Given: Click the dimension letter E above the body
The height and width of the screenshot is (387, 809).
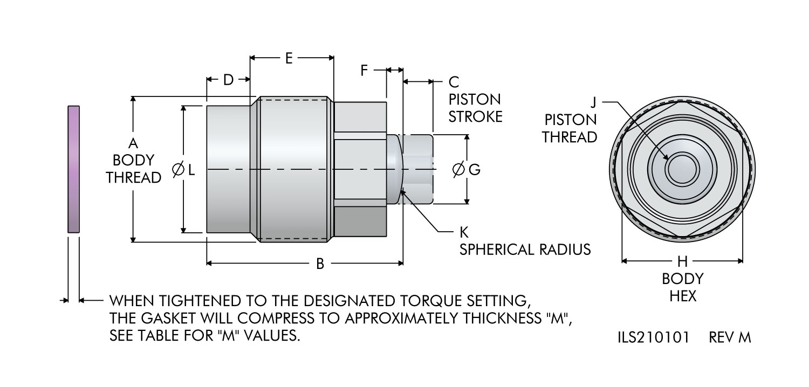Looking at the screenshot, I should point(289,59).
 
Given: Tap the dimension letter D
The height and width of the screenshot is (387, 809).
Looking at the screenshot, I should point(228,80).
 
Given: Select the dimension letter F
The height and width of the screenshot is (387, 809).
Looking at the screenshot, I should point(365,70).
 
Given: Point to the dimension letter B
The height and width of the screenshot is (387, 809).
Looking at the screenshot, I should point(320,264).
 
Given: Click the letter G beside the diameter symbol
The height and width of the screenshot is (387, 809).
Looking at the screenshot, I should point(474,170).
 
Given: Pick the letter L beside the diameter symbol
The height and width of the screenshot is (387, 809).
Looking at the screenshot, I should point(191,170).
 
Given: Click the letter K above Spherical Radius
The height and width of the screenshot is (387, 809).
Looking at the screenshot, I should point(464,233).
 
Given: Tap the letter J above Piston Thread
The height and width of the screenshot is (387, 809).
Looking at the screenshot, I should point(593,102).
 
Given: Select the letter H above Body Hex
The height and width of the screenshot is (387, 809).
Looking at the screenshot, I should point(682,262).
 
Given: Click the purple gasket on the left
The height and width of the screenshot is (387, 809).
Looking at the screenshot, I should point(73,169).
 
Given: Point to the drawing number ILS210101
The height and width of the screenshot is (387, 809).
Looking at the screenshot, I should point(653,338).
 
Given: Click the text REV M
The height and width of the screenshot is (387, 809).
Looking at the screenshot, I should point(730,338).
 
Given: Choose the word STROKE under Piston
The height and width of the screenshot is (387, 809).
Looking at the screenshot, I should point(475,116).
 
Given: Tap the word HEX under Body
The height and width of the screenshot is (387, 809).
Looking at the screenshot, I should point(683,296).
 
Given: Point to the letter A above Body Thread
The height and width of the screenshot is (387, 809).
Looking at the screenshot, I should point(133,143).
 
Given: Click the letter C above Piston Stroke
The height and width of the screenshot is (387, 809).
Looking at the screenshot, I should point(454,82).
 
